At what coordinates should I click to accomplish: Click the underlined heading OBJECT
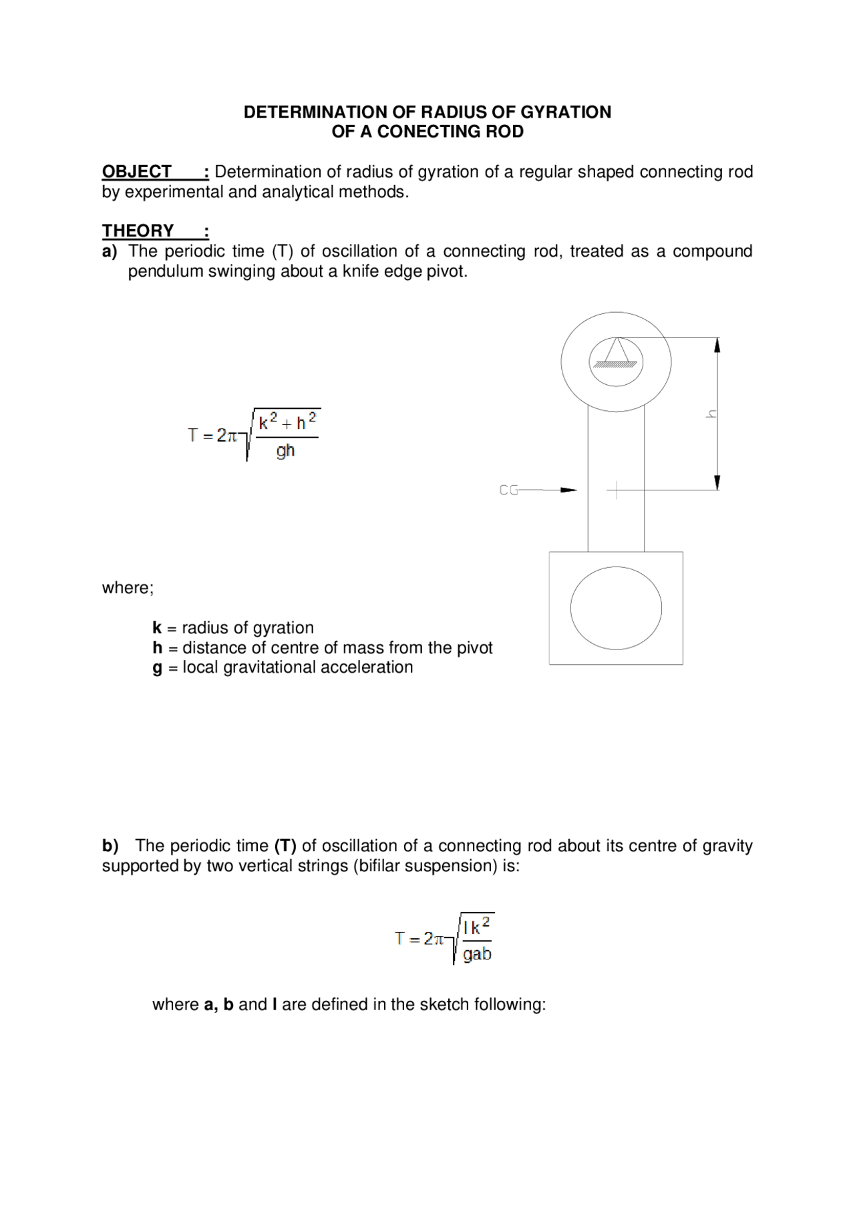[x=137, y=172]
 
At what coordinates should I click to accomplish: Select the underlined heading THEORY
[x=138, y=231]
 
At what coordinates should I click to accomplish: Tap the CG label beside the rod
[x=508, y=490]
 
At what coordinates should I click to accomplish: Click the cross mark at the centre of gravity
[x=616, y=490]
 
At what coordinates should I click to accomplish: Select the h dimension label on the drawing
[x=711, y=414]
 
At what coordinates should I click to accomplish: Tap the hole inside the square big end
[x=616, y=608]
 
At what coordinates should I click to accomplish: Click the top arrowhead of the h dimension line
[x=717, y=345]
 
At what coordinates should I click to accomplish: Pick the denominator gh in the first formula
[x=286, y=451]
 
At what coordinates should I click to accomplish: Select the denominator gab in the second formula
[x=477, y=954]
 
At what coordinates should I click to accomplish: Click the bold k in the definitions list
[x=157, y=628]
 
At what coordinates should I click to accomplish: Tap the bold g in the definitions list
[x=157, y=668]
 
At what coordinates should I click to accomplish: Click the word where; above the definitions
[x=128, y=588]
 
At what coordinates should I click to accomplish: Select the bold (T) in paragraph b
[x=285, y=846]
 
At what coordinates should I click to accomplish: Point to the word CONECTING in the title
[x=427, y=132]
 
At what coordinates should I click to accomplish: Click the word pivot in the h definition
[x=474, y=648]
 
